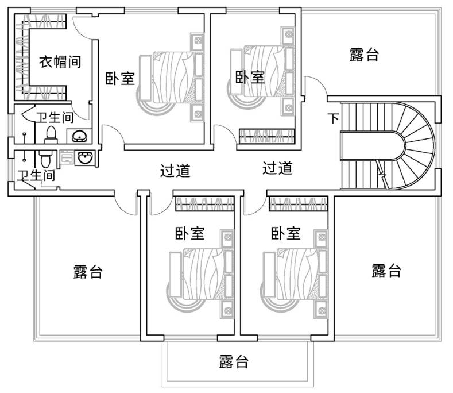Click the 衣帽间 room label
(x=59, y=61)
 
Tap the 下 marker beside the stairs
(x=333, y=119)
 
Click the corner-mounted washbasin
(x=79, y=136)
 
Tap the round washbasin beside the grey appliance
(x=86, y=157)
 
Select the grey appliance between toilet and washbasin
(x=67, y=157)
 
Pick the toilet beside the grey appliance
(x=45, y=157)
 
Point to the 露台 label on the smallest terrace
(x=234, y=361)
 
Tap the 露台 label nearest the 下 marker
(x=364, y=55)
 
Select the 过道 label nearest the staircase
(x=278, y=168)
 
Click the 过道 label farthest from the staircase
(x=175, y=170)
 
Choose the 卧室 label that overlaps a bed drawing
(x=250, y=76)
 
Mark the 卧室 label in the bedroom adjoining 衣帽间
(x=120, y=78)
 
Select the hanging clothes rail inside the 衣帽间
(x=24, y=55)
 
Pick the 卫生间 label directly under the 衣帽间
(x=55, y=118)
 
